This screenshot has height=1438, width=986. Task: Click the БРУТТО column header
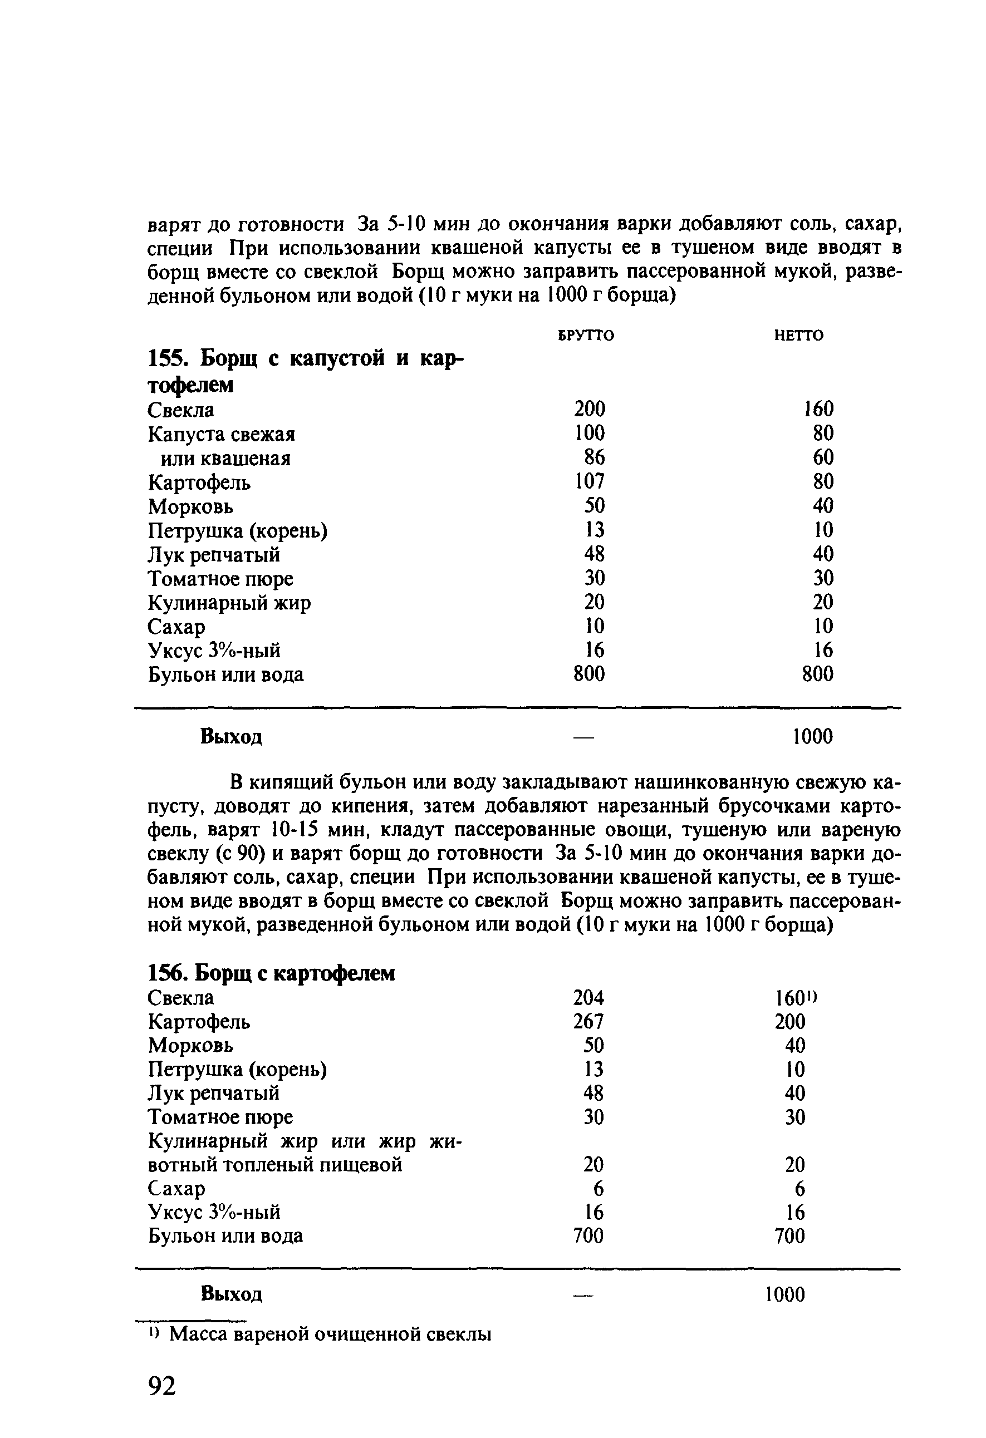[586, 336]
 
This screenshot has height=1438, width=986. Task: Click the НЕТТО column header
[798, 336]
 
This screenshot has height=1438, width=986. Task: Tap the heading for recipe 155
[306, 371]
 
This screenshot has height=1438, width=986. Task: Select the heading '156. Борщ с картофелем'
[271, 973]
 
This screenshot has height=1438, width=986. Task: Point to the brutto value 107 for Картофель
[589, 481]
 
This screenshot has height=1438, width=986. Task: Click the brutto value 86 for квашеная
[594, 457]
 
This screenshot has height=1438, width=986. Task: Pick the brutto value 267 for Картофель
[588, 1022]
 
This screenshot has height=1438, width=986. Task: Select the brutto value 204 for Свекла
[588, 997]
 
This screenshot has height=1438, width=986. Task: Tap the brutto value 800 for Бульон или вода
[588, 674]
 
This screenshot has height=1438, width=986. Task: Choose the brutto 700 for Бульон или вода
[588, 1235]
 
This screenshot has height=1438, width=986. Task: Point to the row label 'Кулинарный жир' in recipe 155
[229, 603]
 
